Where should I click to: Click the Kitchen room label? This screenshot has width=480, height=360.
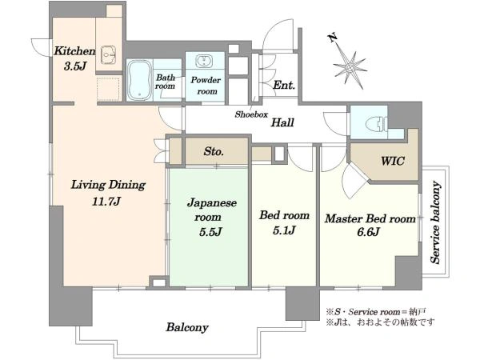click(74, 51)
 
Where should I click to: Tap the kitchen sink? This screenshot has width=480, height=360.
click(108, 54)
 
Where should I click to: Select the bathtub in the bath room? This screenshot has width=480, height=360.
click(139, 80)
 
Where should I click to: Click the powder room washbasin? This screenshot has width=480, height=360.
click(202, 61)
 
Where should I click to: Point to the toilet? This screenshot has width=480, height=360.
click(376, 124)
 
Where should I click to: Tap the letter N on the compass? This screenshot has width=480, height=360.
click(333, 38)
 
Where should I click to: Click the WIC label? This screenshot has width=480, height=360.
click(393, 161)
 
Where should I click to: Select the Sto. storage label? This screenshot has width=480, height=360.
click(214, 151)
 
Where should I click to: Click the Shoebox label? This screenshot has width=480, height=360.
click(251, 114)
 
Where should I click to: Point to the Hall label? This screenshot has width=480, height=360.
click(282, 122)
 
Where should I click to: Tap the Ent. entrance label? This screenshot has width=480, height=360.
click(284, 85)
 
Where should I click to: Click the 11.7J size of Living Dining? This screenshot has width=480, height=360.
click(106, 201)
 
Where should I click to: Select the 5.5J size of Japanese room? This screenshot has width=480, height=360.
click(210, 232)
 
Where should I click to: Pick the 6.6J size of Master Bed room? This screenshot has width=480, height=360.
click(368, 232)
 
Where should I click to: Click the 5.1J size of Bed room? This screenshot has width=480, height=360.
click(284, 230)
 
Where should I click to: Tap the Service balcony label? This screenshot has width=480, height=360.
click(435, 222)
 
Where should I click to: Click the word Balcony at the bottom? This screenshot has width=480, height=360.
click(187, 327)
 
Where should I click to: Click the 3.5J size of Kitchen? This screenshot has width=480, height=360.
click(75, 66)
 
